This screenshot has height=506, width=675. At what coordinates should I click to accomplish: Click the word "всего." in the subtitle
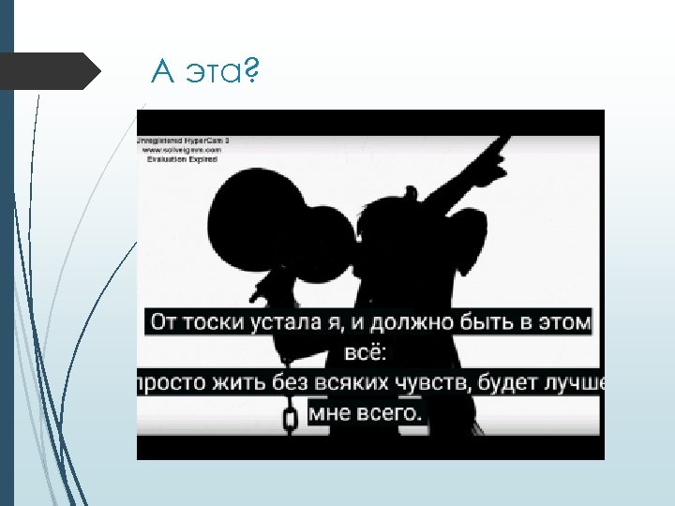click(x=390, y=412)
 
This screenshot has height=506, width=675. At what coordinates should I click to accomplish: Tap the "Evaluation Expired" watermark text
click(x=181, y=159)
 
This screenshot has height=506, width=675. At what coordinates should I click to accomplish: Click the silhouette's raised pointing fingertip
click(x=506, y=140)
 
